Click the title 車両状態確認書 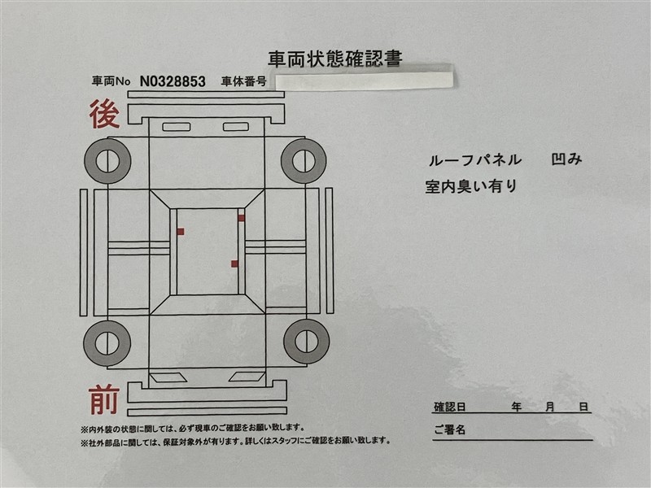[335, 59]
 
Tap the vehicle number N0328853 [173, 81]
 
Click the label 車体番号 [243, 81]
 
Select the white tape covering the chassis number [364, 80]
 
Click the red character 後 [105, 114]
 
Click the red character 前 [104, 399]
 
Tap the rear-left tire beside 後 [107, 161]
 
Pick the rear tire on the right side [304, 161]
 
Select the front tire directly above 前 [107, 342]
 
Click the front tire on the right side [307, 342]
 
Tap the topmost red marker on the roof [241, 218]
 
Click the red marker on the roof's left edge [181, 232]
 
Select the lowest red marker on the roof [234, 264]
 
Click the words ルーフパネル [475, 160]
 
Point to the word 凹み [566, 159]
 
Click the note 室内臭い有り [471, 186]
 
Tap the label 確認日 [450, 407]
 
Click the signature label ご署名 [450, 429]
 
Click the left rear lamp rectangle [177, 127]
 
